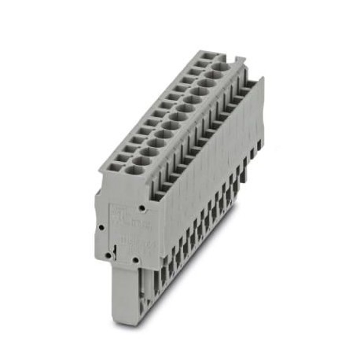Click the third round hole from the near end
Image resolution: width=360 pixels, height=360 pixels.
click(150, 145)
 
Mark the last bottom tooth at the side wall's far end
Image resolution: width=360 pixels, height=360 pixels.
click(253, 161)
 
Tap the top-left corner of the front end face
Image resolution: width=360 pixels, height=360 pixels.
click(97, 192)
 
